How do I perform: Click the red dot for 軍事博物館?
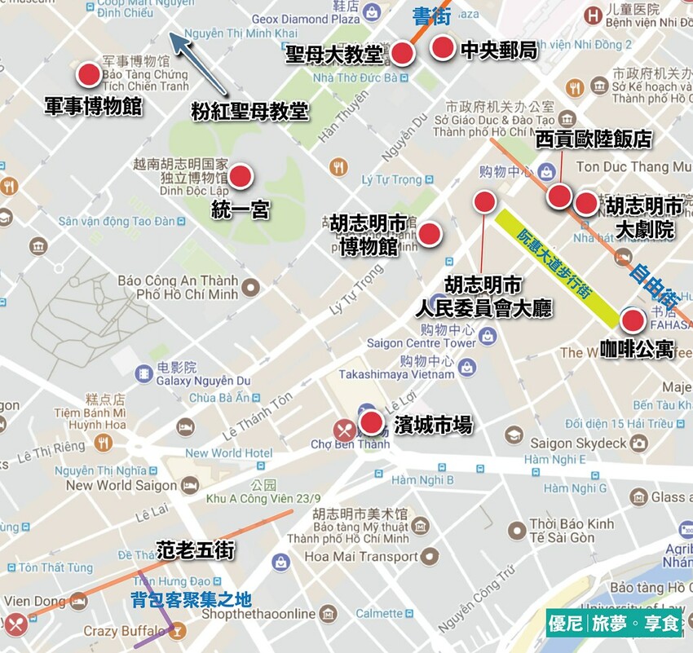89,76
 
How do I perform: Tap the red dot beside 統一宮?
241,176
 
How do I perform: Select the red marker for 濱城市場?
372,422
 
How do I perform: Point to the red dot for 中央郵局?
442,48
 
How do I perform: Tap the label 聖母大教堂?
334,55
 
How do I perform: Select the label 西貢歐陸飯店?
594,139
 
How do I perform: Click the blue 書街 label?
433,16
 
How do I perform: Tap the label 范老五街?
195,551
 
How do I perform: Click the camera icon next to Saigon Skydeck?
638,443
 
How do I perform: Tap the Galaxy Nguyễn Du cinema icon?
144,374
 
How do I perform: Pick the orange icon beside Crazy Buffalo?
179,631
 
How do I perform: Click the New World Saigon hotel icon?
190,485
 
